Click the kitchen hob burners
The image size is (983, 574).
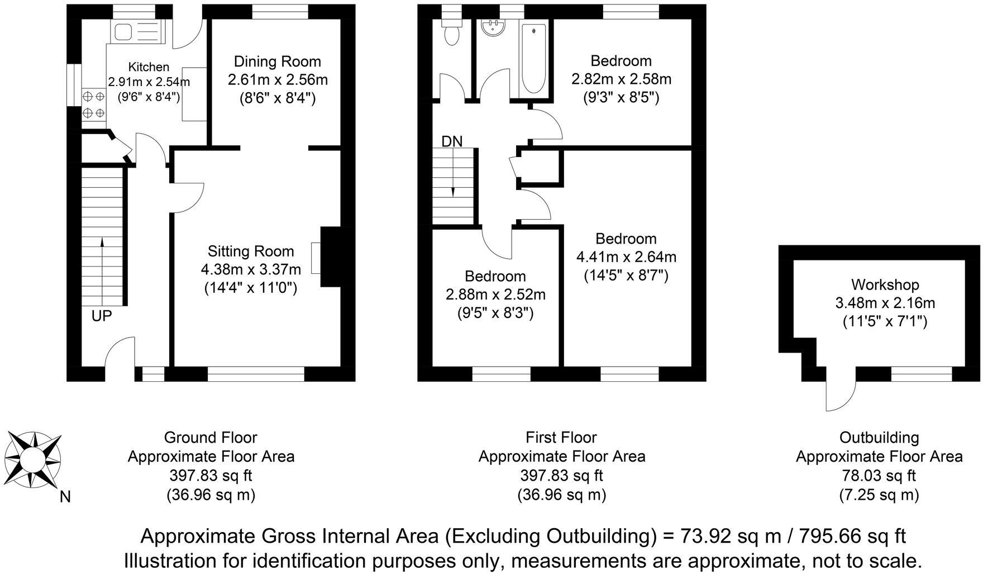click(x=93, y=104)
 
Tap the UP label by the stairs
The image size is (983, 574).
click(x=102, y=316)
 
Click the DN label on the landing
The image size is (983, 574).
click(x=452, y=141)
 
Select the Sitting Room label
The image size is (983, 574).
click(x=251, y=251)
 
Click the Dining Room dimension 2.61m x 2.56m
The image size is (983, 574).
click(x=278, y=79)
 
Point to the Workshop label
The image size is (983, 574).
click(x=885, y=285)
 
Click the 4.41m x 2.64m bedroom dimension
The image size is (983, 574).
click(x=626, y=257)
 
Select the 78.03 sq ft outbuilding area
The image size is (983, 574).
click(x=879, y=476)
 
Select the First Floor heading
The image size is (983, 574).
click(x=561, y=437)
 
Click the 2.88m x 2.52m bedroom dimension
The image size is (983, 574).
click(x=495, y=295)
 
